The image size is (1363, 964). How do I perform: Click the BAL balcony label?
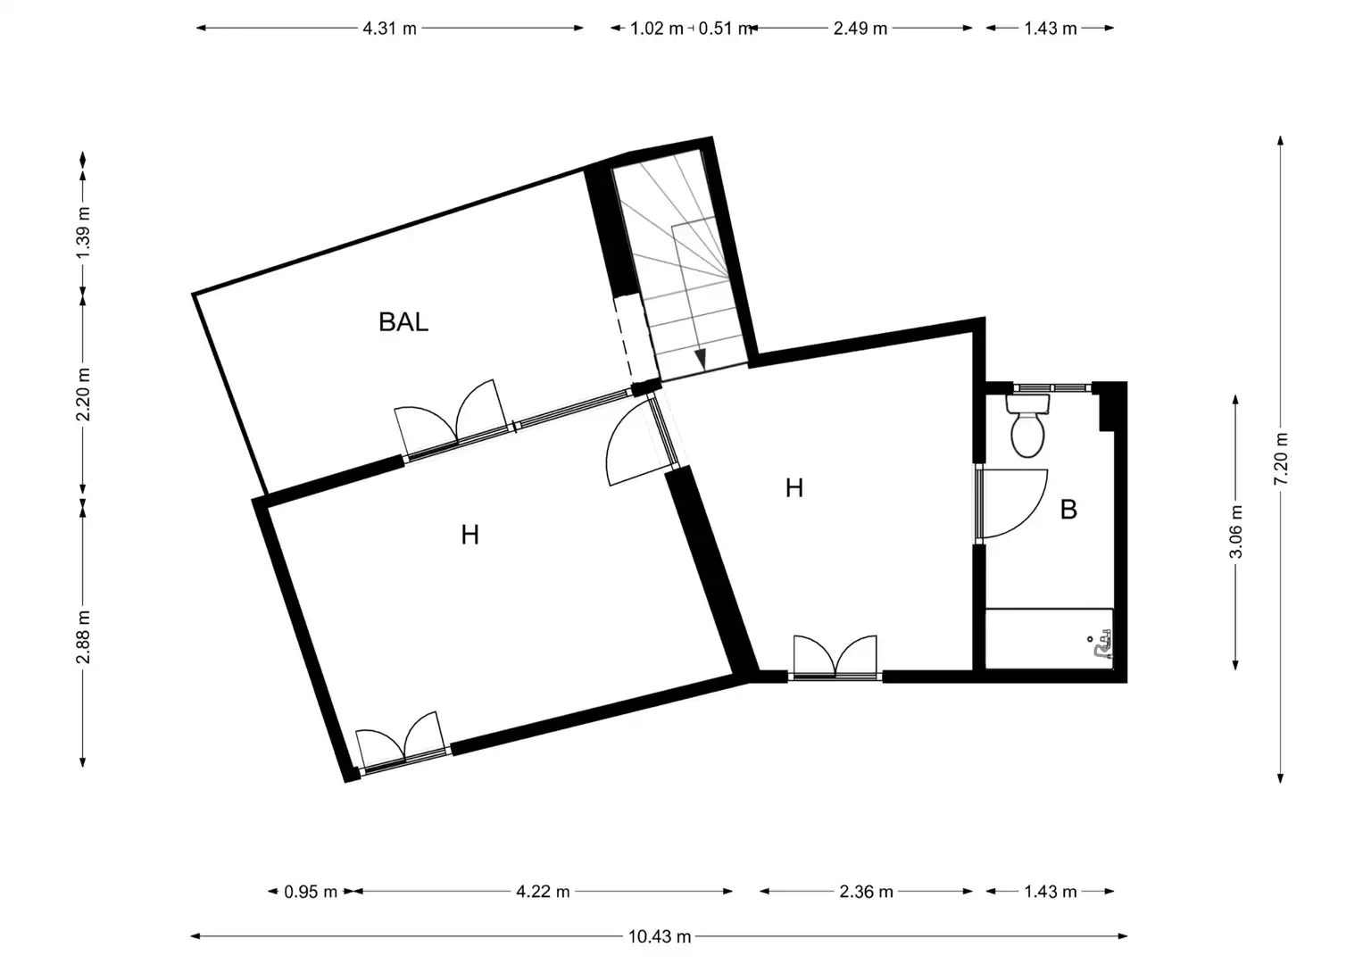click(403, 322)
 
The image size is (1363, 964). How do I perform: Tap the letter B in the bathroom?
click(1068, 510)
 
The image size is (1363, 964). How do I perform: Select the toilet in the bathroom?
click(1027, 426)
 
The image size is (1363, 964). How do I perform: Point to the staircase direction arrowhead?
click(701, 359)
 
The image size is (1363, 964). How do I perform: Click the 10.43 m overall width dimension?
click(660, 936)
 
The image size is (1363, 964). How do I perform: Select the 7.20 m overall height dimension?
click(1280, 458)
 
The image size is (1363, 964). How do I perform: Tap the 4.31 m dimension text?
click(389, 28)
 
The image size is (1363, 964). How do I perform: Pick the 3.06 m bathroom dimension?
click(1235, 531)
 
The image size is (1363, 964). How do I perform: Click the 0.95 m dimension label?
click(311, 892)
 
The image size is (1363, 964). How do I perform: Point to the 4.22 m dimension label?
click(543, 892)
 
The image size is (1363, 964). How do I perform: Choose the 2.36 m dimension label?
click(866, 892)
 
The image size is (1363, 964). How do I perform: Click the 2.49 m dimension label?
click(860, 28)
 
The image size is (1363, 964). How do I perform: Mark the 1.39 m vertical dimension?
click(83, 232)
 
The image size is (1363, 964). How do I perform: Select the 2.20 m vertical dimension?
click(83, 394)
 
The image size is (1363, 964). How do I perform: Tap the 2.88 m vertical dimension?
click(83, 636)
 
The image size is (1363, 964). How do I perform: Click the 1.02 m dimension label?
click(657, 28)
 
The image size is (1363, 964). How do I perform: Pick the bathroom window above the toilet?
click(1052, 387)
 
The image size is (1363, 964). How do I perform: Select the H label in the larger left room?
click(470, 535)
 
